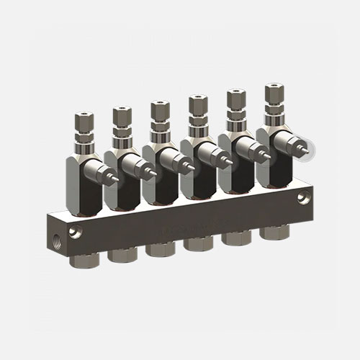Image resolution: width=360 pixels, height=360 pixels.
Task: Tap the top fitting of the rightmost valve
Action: (273, 92)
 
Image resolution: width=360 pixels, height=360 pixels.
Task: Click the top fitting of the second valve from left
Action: (120, 114)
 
